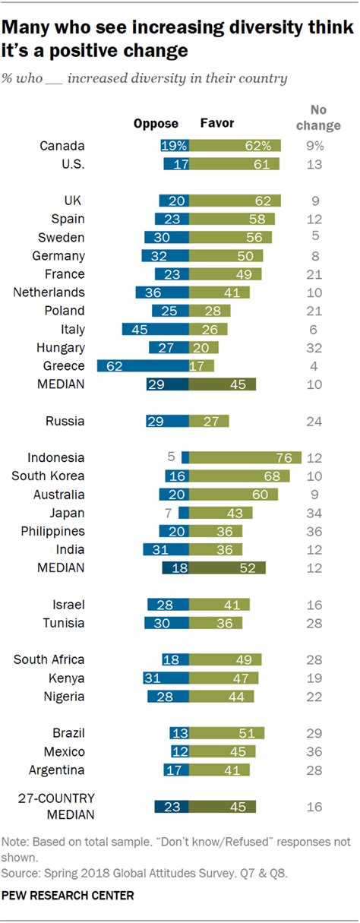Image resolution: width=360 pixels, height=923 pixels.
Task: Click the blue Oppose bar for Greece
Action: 144,365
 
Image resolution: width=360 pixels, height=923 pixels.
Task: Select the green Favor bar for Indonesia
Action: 245,457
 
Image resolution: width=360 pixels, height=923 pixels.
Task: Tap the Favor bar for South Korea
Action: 240,476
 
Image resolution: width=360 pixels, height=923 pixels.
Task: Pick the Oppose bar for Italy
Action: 156,329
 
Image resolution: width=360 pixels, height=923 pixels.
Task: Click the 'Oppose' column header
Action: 156,123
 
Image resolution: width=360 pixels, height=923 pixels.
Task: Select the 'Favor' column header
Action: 216,123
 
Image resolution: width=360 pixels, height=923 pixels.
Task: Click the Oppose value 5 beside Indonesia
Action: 172,457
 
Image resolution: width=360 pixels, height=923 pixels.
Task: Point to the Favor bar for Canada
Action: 235,145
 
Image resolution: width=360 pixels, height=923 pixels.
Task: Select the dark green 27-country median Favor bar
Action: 223,807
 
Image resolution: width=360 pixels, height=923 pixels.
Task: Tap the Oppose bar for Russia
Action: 168,421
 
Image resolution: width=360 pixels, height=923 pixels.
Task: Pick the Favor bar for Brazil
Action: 227,733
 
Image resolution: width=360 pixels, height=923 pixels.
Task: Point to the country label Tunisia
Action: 64,623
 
